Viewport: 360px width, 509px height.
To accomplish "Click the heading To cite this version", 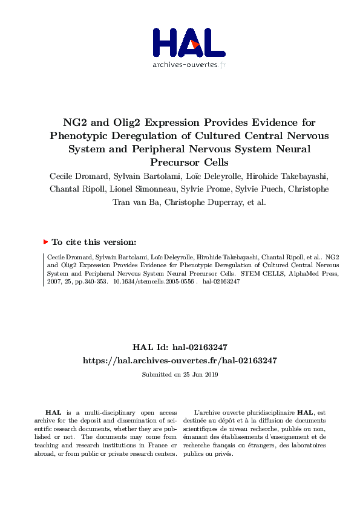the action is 93,242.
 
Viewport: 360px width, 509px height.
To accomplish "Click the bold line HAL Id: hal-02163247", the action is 180,348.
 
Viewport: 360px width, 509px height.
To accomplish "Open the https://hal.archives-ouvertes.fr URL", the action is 180,360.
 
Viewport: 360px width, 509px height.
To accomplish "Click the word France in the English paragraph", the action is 156,446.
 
